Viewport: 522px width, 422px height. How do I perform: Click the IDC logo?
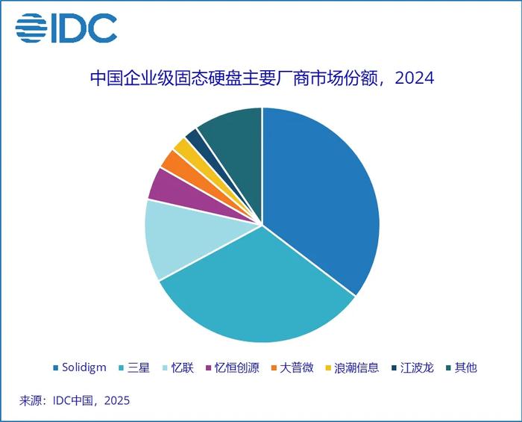tap(66, 28)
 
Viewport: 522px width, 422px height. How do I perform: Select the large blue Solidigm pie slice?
tap(324, 194)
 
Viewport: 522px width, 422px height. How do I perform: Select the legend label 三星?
tap(139, 367)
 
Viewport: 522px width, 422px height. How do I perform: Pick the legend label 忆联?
tap(183, 367)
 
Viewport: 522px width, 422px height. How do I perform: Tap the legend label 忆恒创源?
tap(237, 367)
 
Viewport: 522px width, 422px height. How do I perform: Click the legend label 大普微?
tap(297, 367)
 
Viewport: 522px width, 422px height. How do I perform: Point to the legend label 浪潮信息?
tap(356, 367)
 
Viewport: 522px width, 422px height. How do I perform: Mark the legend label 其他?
tap(466, 367)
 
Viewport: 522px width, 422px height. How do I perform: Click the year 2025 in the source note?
tap(116, 400)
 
